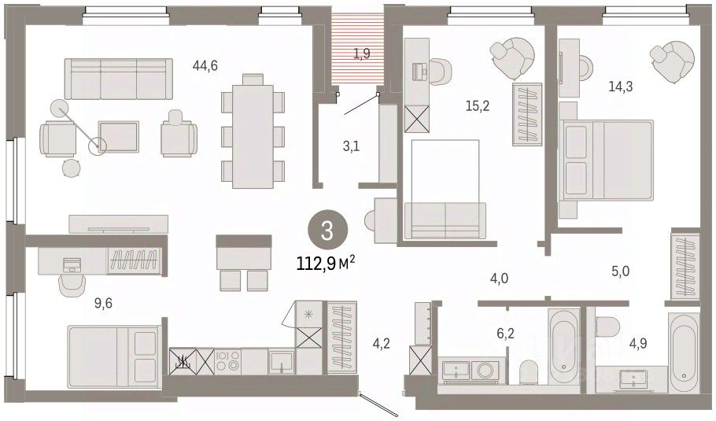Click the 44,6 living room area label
click(x=205, y=66)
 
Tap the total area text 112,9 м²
click(x=326, y=263)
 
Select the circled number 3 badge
click(x=327, y=231)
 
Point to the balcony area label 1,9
click(x=362, y=54)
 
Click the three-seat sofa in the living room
click(x=119, y=79)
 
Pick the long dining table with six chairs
click(x=253, y=131)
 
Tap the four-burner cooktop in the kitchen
click(x=227, y=360)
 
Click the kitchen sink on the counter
click(x=281, y=360)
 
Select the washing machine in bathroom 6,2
click(x=484, y=369)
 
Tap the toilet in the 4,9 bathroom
click(x=607, y=327)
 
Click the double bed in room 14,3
click(x=606, y=160)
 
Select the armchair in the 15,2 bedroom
click(x=512, y=58)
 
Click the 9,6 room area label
click(x=103, y=303)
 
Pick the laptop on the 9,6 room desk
click(x=72, y=265)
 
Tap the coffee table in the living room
click(x=118, y=136)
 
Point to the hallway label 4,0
click(x=499, y=278)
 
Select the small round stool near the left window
click(x=71, y=168)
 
